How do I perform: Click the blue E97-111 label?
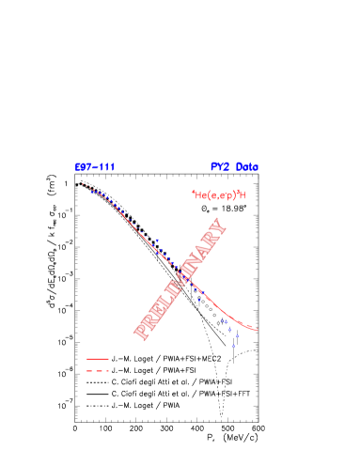[95, 167]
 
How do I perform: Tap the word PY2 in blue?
[220, 167]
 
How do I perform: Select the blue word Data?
[247, 167]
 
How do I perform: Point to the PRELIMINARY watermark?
[180, 278]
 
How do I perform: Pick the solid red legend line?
[98, 359]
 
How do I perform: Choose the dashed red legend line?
[98, 371]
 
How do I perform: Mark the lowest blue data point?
[234, 345]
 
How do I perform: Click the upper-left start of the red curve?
[83, 184]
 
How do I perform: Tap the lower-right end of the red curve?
[258, 330]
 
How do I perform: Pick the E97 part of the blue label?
[83, 167]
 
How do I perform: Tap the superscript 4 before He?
[193, 193]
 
